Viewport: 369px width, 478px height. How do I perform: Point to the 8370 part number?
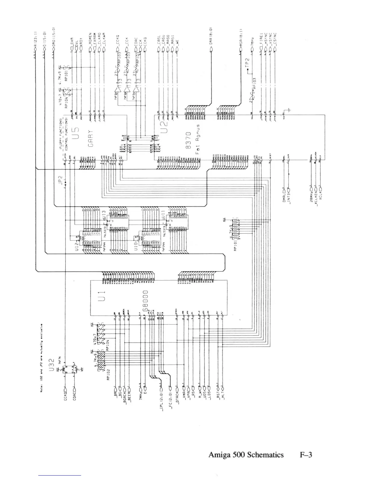[x=189, y=141]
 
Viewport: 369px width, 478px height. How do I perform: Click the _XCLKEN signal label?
[x=316, y=199]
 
